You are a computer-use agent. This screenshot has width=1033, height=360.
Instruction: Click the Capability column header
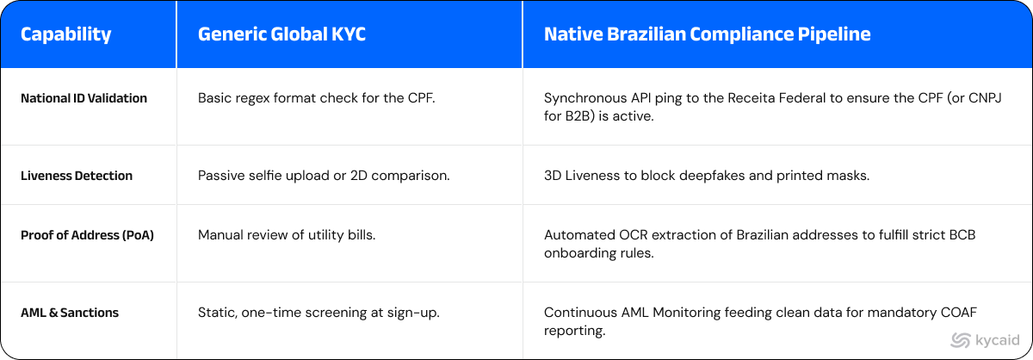(x=66, y=34)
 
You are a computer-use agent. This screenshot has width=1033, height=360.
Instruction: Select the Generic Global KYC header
(x=281, y=34)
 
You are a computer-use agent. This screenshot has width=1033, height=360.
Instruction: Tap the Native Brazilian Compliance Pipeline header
(x=707, y=34)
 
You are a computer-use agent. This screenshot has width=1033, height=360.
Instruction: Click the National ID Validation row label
(x=84, y=98)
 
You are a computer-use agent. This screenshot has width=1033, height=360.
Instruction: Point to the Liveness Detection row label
(x=77, y=176)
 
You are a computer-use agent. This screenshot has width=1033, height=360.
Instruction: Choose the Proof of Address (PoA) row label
(x=87, y=235)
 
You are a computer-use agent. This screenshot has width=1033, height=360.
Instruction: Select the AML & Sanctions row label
(x=70, y=313)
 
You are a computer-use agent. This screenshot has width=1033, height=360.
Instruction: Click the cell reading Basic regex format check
(x=317, y=98)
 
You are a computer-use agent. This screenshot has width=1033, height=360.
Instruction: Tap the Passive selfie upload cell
(x=324, y=176)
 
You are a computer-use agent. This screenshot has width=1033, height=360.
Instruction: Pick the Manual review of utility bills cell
(x=287, y=235)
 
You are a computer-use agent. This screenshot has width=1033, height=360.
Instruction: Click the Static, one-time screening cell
(x=319, y=313)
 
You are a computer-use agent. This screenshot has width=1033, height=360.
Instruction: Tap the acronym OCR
(x=633, y=235)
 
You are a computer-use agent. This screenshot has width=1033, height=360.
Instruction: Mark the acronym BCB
(x=962, y=235)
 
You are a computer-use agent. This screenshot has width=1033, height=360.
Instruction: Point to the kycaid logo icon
(x=961, y=340)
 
